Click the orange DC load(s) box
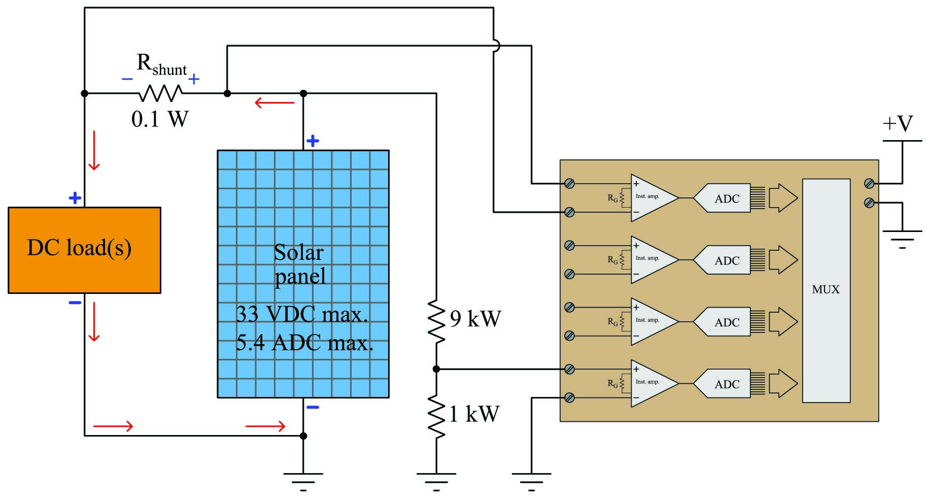[x=84, y=250]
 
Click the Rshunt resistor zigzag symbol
[x=160, y=93]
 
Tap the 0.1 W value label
[x=160, y=119]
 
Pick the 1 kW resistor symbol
[x=436, y=416]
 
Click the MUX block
[x=825, y=290]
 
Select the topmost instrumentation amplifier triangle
[x=652, y=198]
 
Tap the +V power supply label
[x=898, y=124]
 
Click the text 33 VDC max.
[x=301, y=315]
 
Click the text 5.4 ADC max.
[x=304, y=344]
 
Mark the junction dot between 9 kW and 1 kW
[x=436, y=369]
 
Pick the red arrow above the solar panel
[x=274, y=103]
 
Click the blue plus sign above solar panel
[x=313, y=141]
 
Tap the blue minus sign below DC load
[x=75, y=303]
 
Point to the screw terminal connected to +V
[x=869, y=183]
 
